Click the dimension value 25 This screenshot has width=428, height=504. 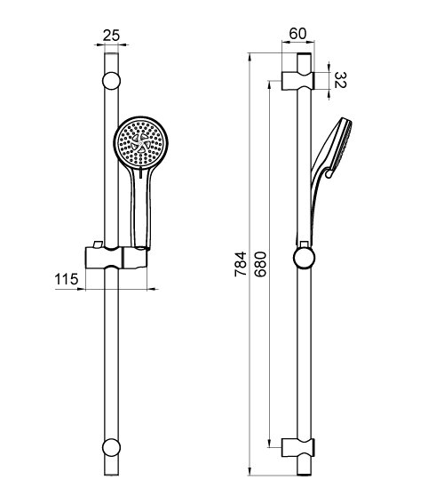coord(111,36)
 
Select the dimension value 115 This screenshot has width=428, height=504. coord(67,279)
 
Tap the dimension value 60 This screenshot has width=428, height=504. coord(297,34)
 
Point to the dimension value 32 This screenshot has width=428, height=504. coord(341,80)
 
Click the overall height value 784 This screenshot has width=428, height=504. coord(241,264)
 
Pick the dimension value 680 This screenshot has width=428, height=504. coord(260,264)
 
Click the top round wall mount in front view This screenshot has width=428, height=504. coord(111,81)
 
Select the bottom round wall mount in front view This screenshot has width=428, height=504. coord(111,447)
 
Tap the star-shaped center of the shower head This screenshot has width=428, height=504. coord(140,143)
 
